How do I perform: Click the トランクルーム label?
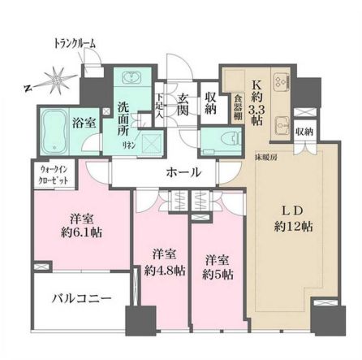[x=74, y=42]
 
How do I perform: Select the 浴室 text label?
[x=84, y=124]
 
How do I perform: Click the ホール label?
[x=183, y=172]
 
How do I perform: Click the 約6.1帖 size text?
[x=81, y=231]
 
